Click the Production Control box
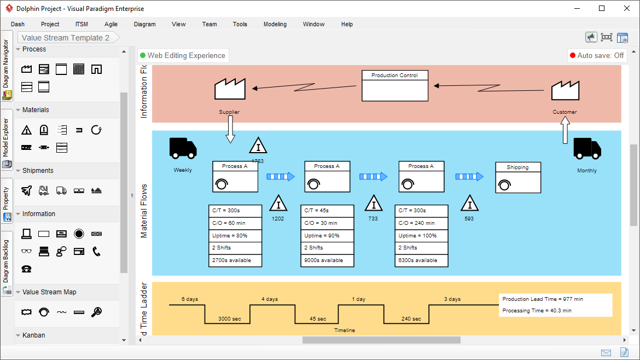coord(394,85)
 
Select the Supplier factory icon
coord(230,89)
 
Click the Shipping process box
coord(517,177)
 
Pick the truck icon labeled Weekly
coord(183,148)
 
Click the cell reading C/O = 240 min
coord(421,223)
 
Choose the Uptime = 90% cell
coord(327,236)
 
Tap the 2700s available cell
coord(235,260)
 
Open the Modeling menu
coord(275,24)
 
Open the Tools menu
coord(240,24)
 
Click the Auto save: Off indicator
coord(597,55)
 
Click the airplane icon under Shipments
coord(26,190)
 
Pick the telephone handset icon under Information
coord(96,251)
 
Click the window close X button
coord(626,8)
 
